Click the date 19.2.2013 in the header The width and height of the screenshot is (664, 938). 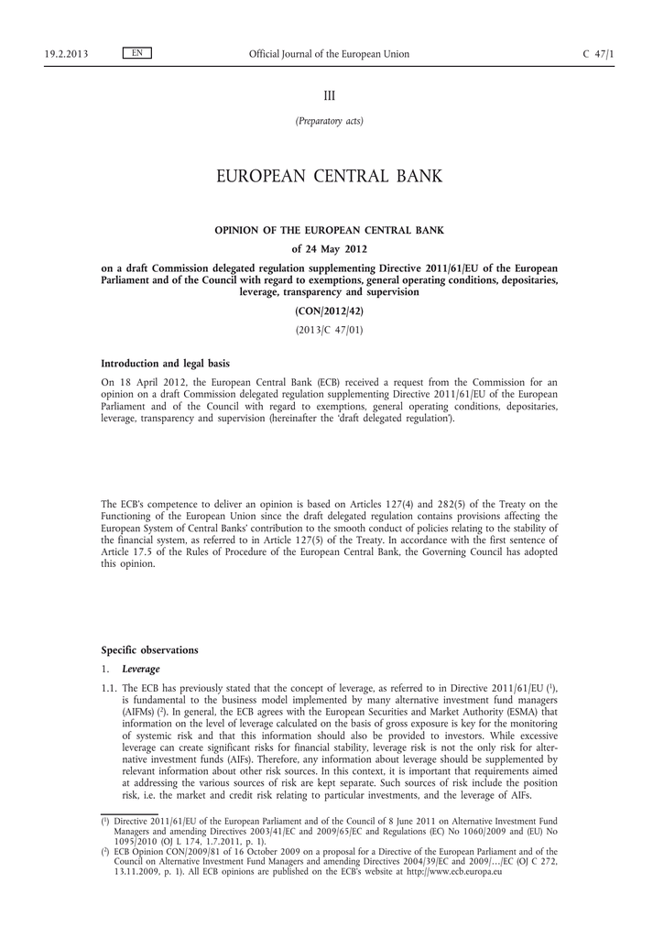tap(66, 54)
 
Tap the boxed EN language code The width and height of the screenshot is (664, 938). tap(136, 53)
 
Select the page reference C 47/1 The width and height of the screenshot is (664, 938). tap(598, 54)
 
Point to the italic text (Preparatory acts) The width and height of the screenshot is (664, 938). tap(329, 121)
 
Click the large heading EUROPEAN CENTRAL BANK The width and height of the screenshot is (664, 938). tap(329, 176)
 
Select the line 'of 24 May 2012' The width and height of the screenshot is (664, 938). tap(329, 248)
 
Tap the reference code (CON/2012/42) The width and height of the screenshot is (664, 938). tap(329, 311)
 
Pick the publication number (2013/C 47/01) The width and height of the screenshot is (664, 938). tap(329, 330)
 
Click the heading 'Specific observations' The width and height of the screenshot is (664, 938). tap(148, 649)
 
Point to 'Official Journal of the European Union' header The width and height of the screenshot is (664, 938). tap(329, 54)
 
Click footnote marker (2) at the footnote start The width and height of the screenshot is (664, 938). tap(105, 850)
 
